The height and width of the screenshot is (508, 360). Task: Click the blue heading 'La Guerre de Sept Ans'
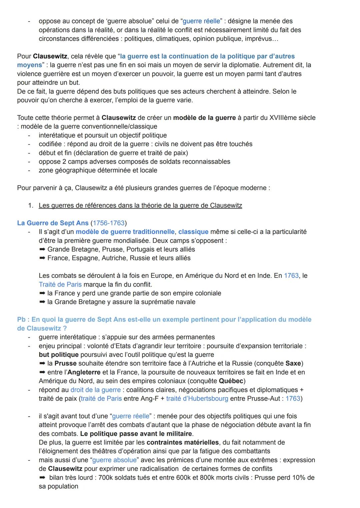click(53, 223)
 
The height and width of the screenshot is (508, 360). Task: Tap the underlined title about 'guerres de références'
click(140, 206)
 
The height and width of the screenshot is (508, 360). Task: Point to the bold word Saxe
click(293, 363)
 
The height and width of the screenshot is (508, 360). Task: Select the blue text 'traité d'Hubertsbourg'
click(197, 399)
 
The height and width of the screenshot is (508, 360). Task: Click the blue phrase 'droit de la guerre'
click(95, 390)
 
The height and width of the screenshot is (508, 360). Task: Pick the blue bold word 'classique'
click(193, 232)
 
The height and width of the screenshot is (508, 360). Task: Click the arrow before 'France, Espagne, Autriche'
click(42, 258)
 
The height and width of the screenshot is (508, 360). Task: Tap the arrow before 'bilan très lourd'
click(42, 478)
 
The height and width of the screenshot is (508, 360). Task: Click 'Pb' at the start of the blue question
click(21, 320)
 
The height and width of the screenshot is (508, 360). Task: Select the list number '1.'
click(31, 206)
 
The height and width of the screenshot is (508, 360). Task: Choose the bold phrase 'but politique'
click(59, 355)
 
